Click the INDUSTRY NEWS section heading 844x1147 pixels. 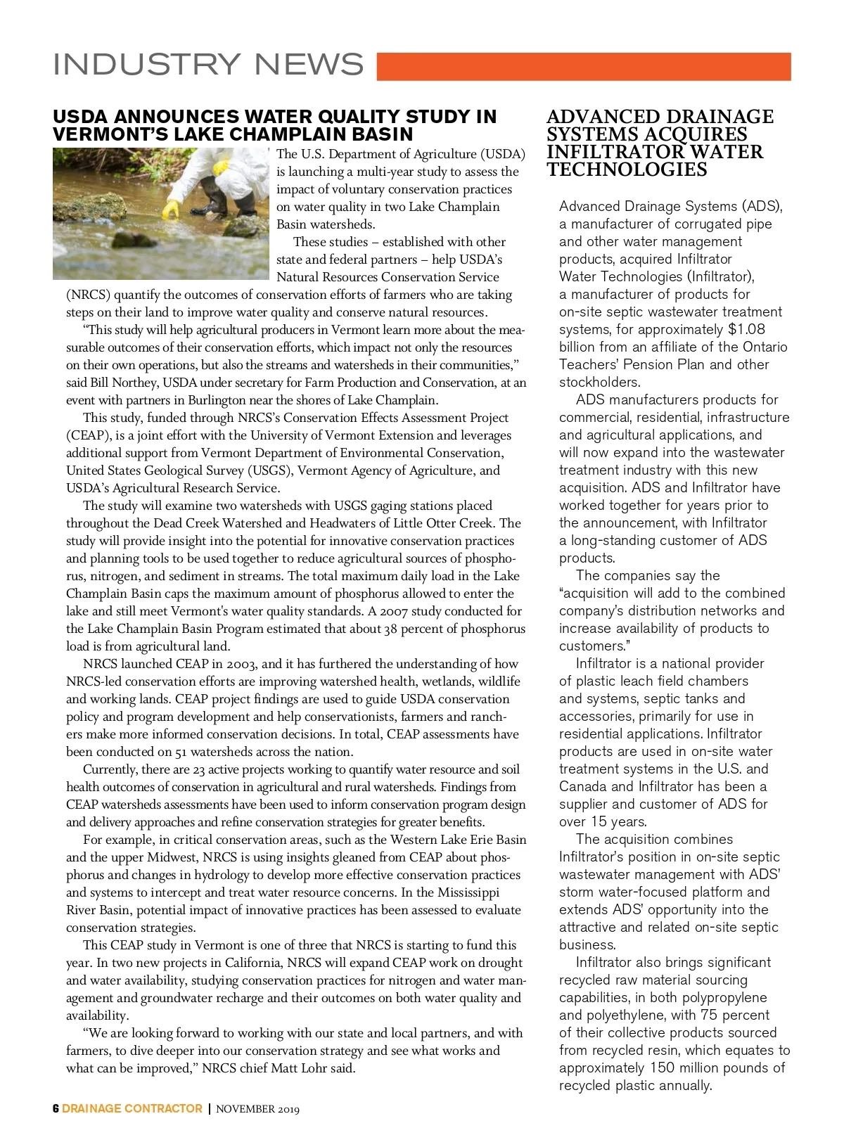point(208,65)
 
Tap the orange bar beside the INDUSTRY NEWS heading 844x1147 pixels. point(584,67)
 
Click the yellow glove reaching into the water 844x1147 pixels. point(171,210)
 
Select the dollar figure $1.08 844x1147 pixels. point(746,329)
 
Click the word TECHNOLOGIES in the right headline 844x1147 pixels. point(617,169)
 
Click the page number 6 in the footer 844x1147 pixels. point(56,1109)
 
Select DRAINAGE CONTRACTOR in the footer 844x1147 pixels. point(132,1109)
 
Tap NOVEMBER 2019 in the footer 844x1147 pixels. point(257,1110)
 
